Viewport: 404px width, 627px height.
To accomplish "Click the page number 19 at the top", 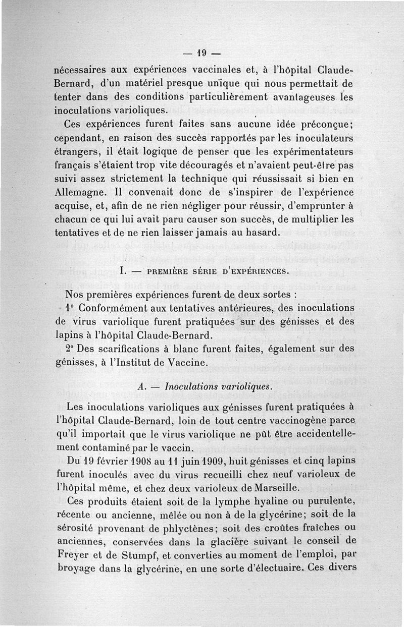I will click(x=203, y=53).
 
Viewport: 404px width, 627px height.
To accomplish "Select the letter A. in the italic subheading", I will click(x=141, y=387).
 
